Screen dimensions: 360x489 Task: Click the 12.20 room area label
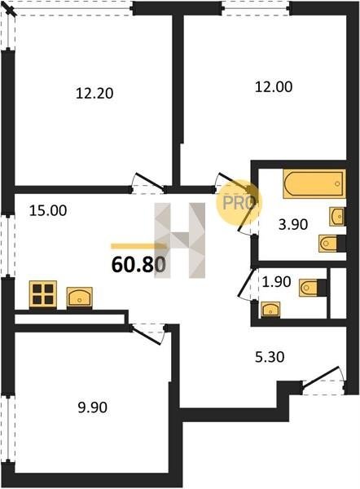point(94,93)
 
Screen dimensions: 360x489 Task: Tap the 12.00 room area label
point(274,86)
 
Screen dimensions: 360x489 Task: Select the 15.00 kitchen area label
point(48,210)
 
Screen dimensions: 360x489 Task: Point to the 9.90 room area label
point(93,407)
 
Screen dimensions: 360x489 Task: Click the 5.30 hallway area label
point(270,357)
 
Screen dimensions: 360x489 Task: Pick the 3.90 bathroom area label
point(293,224)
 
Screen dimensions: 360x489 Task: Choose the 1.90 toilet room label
point(276,282)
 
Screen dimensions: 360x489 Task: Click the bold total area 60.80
point(138,265)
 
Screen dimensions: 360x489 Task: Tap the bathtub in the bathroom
point(314,183)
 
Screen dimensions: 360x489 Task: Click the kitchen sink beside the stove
point(80,297)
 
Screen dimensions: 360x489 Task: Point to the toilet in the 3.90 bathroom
point(332,243)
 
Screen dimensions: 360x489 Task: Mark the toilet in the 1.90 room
point(313,288)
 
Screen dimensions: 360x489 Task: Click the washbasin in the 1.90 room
point(270,310)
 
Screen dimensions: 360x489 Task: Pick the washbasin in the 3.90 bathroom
point(337,217)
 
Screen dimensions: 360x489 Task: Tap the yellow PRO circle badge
point(239,203)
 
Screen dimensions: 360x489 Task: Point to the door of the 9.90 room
point(147,334)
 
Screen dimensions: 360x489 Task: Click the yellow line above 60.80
point(138,246)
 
